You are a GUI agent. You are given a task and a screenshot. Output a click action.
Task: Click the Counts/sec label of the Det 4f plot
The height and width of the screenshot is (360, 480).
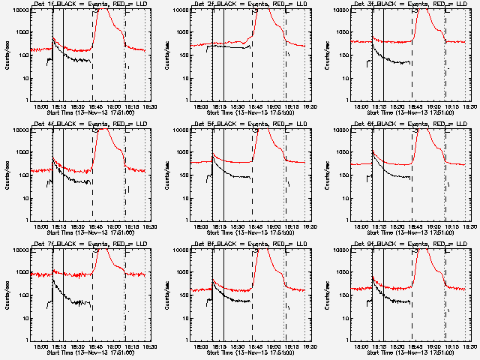(7, 175)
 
